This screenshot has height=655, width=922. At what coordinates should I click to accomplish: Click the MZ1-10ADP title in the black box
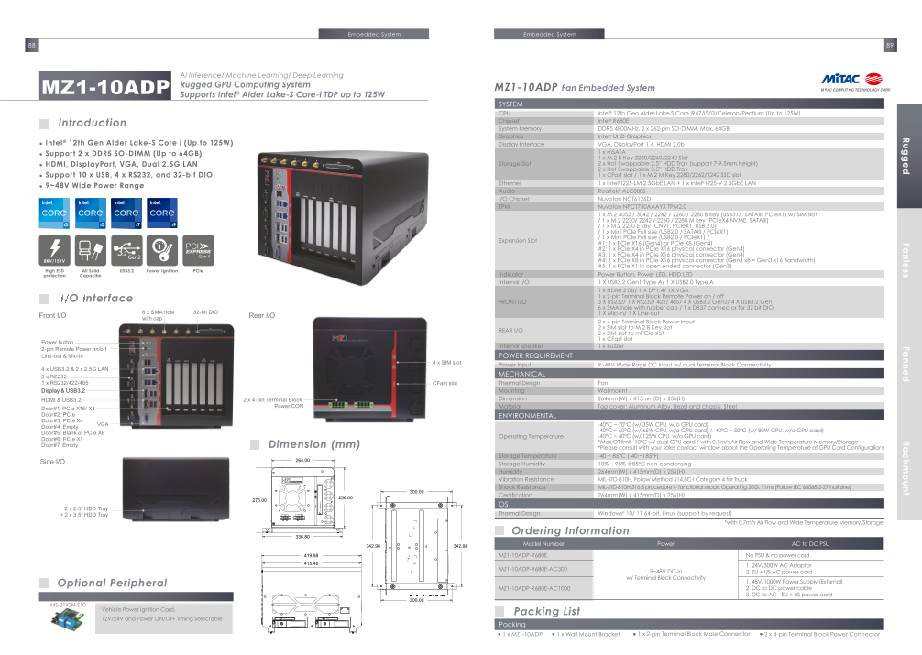(x=106, y=87)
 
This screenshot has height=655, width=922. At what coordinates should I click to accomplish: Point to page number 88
(x=32, y=46)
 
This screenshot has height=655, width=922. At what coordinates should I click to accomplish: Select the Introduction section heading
(x=92, y=123)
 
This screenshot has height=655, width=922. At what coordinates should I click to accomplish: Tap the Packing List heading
(x=546, y=611)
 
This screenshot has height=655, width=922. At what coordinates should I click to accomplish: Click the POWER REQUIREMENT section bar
(x=535, y=355)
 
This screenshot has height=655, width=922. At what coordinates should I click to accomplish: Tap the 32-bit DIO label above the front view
(x=205, y=312)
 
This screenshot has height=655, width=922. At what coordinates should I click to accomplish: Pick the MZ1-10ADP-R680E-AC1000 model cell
(x=533, y=588)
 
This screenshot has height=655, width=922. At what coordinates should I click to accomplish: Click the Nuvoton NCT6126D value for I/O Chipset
(x=625, y=198)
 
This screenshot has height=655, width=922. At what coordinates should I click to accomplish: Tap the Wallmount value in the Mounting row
(x=612, y=391)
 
